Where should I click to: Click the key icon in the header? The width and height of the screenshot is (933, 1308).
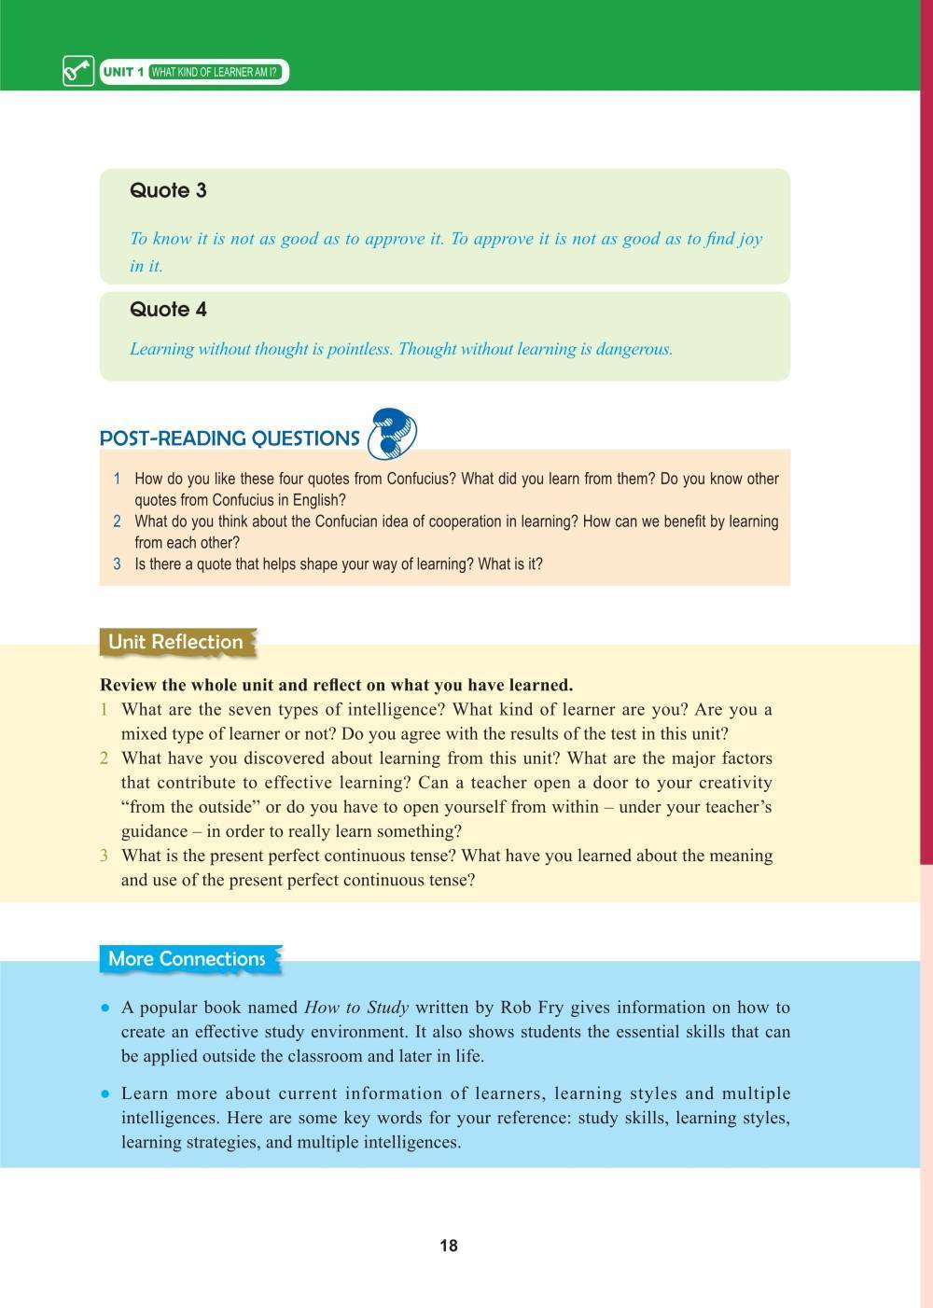coord(78,72)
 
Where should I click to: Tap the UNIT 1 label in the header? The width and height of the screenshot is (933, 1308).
coord(123,72)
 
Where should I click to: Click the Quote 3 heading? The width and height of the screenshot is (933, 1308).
coord(168,190)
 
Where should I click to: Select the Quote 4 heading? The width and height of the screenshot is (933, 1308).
coord(168,310)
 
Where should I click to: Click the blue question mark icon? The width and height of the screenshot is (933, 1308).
coord(392,434)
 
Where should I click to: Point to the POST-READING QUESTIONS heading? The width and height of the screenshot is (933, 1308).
coord(230,438)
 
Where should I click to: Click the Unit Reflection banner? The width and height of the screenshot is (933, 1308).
coord(175,642)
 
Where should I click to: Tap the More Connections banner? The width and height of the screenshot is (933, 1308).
coord(187,959)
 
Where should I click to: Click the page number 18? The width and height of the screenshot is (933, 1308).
coord(449,1245)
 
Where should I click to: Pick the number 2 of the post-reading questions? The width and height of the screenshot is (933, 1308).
coord(118,522)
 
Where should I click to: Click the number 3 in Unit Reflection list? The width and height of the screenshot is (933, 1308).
coord(104,856)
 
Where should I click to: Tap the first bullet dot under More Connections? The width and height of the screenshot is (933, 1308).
coord(106,1009)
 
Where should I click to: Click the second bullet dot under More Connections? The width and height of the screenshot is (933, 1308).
coord(106,1094)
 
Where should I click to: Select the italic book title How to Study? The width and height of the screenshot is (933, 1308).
coord(356,1008)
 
